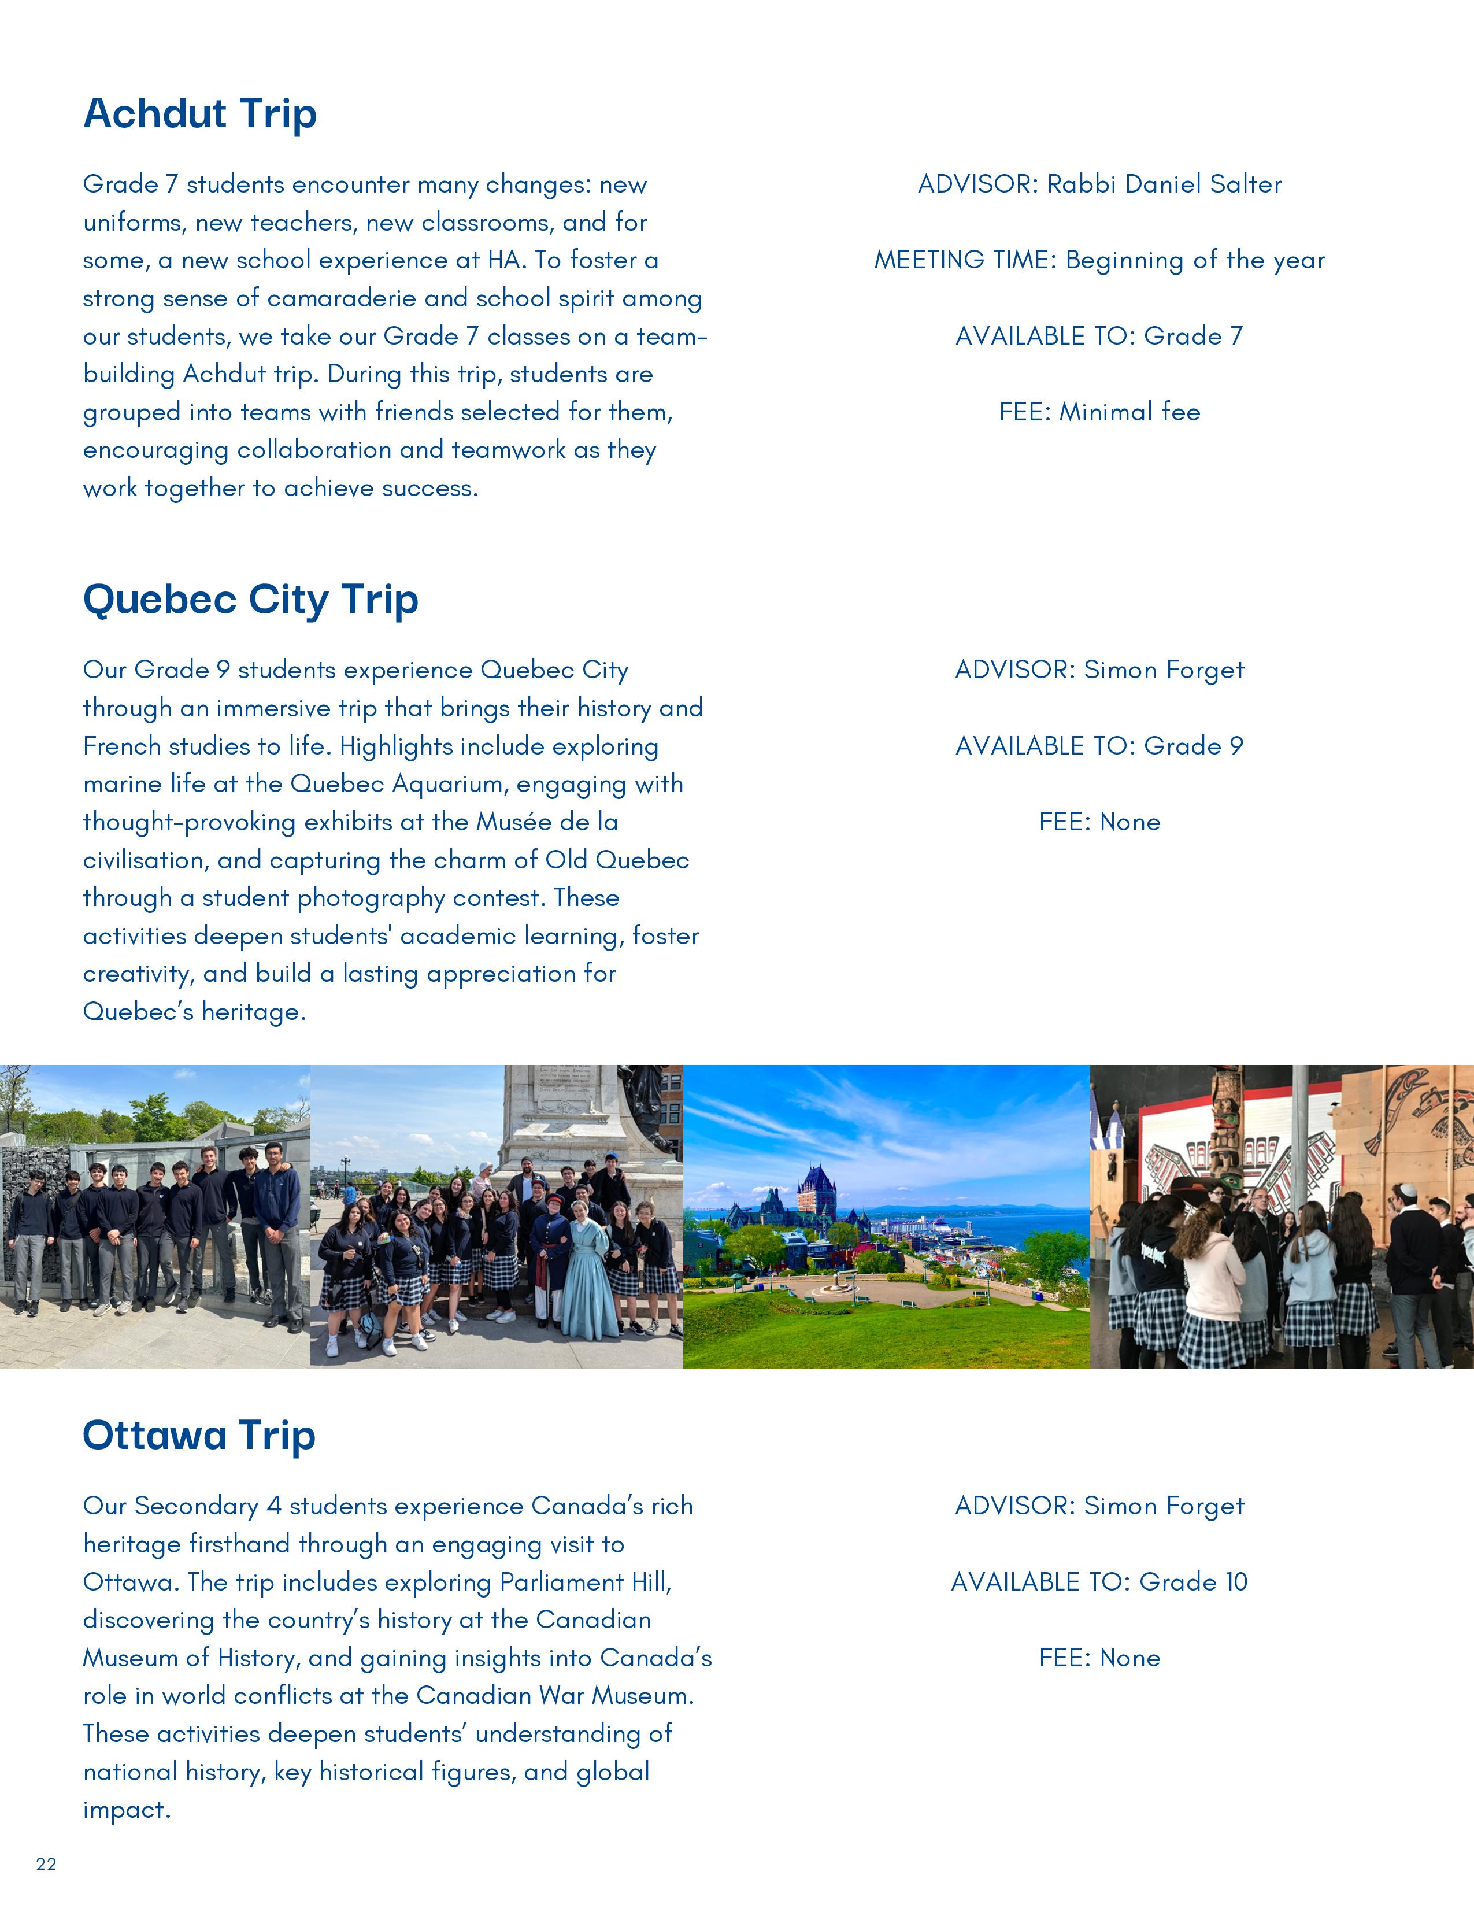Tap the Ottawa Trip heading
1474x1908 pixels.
(x=198, y=1436)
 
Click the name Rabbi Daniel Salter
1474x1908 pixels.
(x=1164, y=184)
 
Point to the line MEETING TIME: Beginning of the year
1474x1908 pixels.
(x=1099, y=260)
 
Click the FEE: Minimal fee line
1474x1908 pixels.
(x=1099, y=412)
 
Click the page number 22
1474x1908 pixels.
(x=46, y=1863)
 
